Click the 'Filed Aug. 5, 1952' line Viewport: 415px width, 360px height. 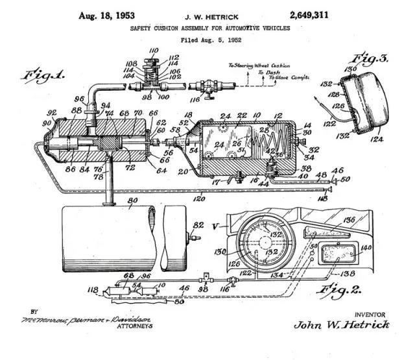point(209,40)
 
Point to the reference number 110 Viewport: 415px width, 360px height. point(153,50)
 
